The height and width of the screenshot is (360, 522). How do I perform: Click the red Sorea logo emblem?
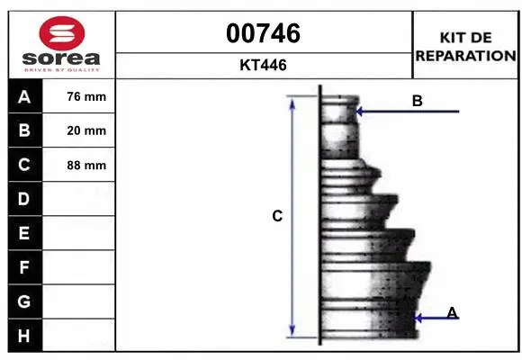[x=62, y=33]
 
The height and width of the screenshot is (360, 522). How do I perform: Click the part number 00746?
[x=264, y=33]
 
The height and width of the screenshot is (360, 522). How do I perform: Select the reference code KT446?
[x=264, y=65]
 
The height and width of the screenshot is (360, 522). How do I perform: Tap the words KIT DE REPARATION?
[x=465, y=47]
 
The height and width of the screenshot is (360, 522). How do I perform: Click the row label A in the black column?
[x=24, y=97]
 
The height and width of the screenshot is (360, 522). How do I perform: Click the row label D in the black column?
[x=23, y=199]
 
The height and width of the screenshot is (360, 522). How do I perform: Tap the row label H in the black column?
[x=23, y=336]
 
